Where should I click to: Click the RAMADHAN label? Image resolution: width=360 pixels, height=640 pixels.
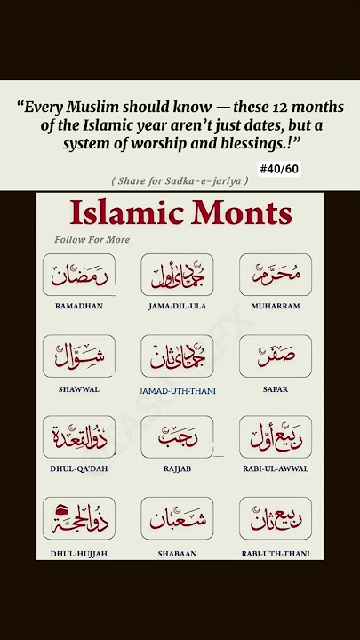pos(78,306)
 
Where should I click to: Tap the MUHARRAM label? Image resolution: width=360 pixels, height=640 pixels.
pos(276,306)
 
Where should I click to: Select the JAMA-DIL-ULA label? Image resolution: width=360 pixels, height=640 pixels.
pos(177,306)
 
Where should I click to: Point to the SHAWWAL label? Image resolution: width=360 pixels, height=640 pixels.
pos(78,389)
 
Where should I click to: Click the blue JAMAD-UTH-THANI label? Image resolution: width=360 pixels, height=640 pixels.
pos(178,390)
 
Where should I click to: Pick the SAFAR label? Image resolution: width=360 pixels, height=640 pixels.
pos(276,389)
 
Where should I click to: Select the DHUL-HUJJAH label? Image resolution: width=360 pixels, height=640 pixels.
pos(78,553)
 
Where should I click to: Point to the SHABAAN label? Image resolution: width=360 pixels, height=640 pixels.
pos(177,553)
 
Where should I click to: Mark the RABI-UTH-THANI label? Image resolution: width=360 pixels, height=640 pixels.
pos(276,553)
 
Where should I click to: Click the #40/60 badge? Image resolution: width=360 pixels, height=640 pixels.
pos(278,169)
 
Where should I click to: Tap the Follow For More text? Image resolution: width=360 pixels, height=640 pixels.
pos(92,240)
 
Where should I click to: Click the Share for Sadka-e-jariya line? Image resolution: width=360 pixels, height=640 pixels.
pos(180,181)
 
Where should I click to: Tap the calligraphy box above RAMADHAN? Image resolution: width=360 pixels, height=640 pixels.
pos(78,275)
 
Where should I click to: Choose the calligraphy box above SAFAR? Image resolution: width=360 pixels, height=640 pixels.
pos(276,356)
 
